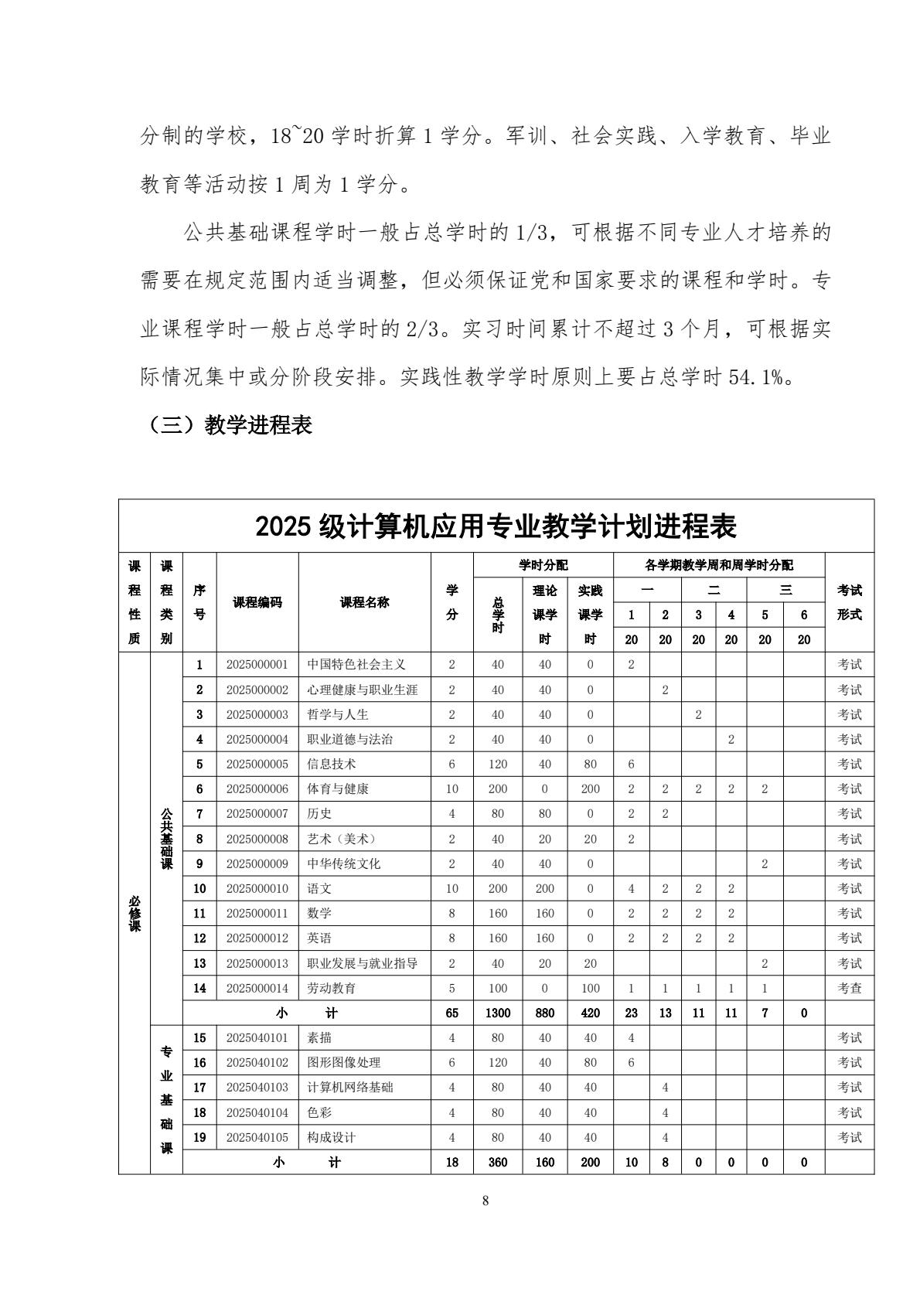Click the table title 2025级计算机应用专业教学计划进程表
point(496,526)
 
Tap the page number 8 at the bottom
point(486,1201)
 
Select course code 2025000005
point(257,764)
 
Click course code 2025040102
point(257,1062)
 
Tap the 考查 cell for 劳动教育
point(850,988)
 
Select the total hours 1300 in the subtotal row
point(498,1013)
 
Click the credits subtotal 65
point(452,1013)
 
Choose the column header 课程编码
point(257,602)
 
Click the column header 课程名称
point(364,602)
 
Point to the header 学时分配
point(543,565)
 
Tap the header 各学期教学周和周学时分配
point(718,565)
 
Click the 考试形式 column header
point(850,602)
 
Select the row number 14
point(199,988)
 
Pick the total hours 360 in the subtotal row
point(498,1162)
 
